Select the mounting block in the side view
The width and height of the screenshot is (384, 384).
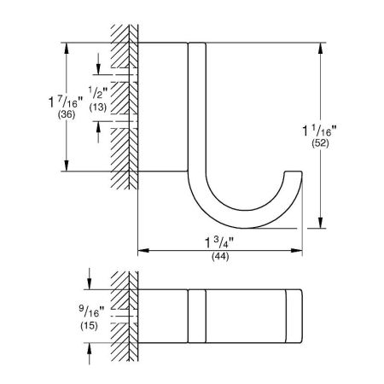pos(159,107)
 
